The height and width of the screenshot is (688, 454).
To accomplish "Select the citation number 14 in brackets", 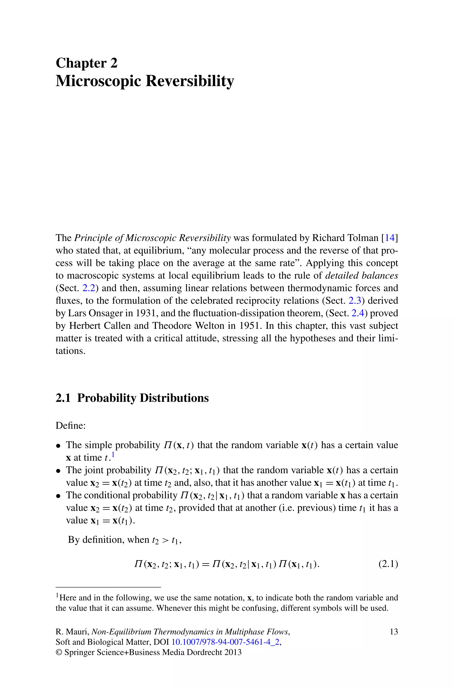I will (390, 238).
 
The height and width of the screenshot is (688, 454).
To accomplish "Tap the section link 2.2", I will (89, 288).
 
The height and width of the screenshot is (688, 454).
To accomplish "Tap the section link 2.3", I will (355, 301).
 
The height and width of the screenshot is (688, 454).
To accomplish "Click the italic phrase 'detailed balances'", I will (362, 275).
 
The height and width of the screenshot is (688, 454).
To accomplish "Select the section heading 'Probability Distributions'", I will (143, 398).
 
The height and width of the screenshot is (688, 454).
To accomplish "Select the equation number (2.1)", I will (388, 564).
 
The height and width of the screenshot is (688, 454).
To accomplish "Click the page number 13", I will (394, 631).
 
